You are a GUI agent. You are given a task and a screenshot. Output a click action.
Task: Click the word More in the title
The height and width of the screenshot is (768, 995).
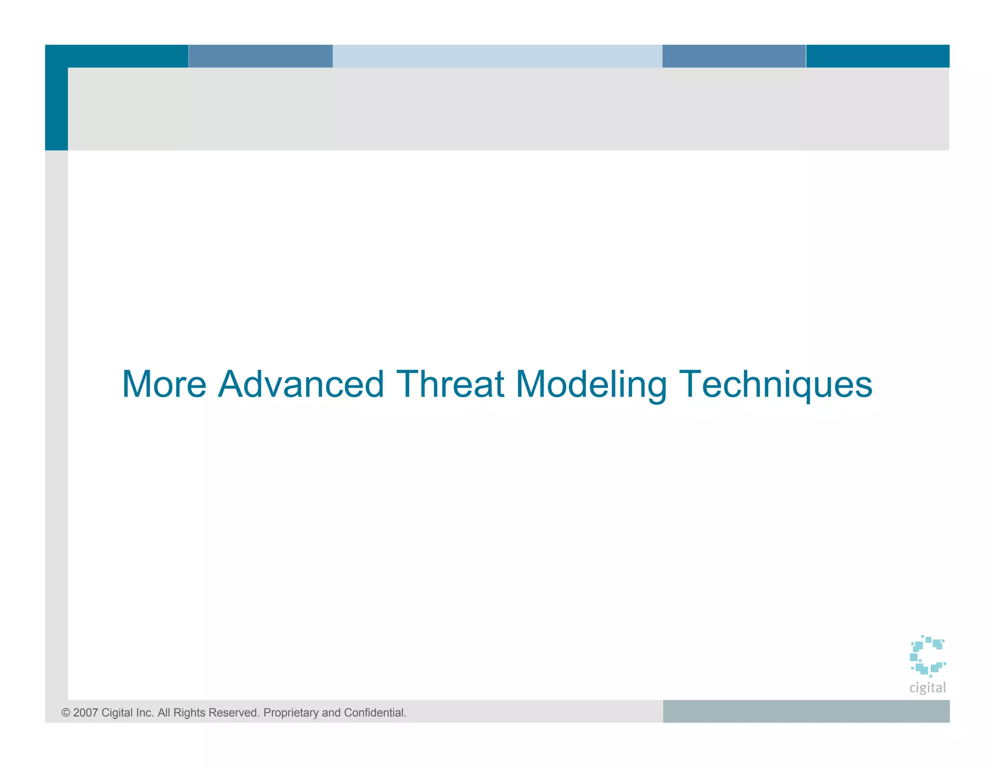[x=164, y=384]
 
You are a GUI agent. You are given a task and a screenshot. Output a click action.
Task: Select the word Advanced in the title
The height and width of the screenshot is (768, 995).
[x=301, y=384]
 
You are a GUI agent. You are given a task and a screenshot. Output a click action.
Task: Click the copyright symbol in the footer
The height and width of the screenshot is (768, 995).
[x=66, y=713]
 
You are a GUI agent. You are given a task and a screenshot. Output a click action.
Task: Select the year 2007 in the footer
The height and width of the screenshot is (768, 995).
[x=86, y=713]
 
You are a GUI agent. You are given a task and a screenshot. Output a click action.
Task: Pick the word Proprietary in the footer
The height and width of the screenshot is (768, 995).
[x=291, y=713]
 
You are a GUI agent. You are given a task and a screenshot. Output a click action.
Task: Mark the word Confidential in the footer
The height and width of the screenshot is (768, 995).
[x=375, y=713]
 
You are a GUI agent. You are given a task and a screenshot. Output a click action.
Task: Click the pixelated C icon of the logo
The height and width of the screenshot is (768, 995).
[x=927, y=655]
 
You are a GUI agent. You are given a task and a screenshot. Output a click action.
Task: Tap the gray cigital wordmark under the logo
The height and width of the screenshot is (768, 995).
[x=927, y=688]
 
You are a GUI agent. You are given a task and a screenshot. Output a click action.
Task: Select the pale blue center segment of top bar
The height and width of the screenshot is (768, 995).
[x=497, y=56]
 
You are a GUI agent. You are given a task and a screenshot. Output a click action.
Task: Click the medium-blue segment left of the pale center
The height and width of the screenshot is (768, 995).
[x=260, y=56]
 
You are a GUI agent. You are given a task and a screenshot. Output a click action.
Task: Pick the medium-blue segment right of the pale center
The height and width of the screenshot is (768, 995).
[x=734, y=56]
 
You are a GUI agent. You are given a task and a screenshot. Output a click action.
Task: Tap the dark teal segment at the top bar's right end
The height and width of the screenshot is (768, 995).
[x=877, y=56]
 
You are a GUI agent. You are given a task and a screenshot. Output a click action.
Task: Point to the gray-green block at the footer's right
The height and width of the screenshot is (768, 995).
[x=806, y=711]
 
